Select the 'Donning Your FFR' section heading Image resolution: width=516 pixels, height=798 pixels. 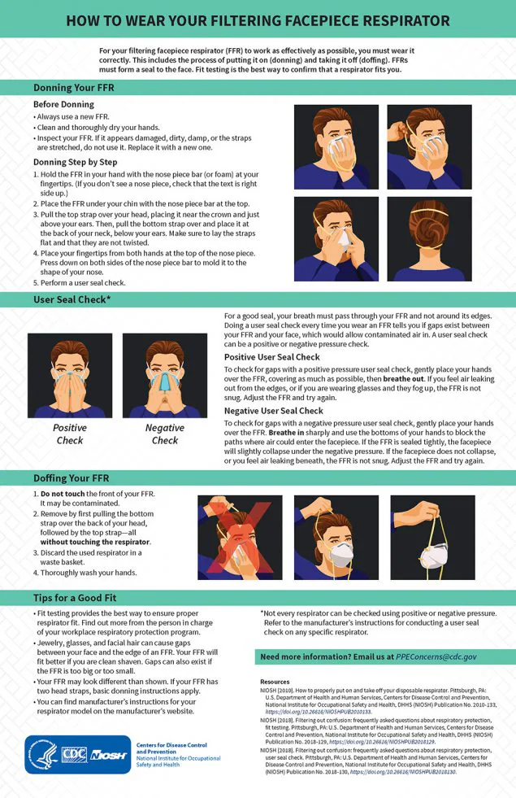pos(73,88)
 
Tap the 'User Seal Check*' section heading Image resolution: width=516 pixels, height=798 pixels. pos(72,300)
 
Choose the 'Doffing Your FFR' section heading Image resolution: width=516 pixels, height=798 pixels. pos(72,478)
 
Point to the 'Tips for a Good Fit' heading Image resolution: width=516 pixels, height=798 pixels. pos(78,597)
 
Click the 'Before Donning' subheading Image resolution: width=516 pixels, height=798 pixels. pos(63,105)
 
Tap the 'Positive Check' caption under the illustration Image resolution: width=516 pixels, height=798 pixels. pos(70,434)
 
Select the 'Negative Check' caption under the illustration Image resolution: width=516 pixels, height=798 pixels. pos(165,434)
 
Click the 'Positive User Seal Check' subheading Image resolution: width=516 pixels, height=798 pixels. pos(271,357)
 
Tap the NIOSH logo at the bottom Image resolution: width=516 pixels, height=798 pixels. pos(108,755)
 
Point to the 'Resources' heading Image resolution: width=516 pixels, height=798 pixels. pos(275,682)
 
